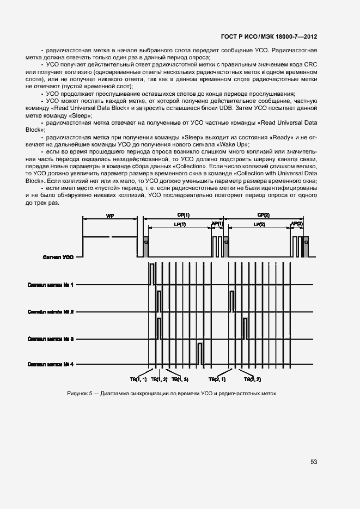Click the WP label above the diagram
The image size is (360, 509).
109,216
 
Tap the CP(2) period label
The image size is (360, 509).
263,215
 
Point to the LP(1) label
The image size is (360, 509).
179,224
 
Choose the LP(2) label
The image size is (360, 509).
259,224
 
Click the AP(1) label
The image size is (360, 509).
217,224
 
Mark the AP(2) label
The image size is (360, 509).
297,224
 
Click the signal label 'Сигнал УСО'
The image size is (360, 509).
58,256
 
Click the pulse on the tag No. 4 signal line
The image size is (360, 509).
200,353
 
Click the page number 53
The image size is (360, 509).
314,462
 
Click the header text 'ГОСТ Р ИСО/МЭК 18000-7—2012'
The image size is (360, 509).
269,36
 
